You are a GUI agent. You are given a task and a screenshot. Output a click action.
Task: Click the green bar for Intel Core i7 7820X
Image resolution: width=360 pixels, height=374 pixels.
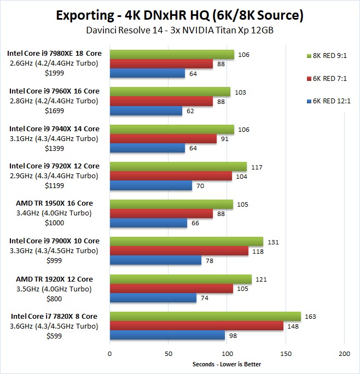[x=205, y=317]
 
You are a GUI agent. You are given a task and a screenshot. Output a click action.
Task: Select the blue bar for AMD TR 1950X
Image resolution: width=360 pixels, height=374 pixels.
[x=148, y=223]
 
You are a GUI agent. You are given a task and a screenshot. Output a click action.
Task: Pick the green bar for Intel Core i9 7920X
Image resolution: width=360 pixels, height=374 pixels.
[x=178, y=166]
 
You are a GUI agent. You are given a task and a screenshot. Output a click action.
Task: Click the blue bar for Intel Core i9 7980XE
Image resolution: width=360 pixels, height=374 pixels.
[x=147, y=74]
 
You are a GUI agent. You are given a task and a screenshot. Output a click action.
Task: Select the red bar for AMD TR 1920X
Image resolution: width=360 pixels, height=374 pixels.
[x=171, y=289]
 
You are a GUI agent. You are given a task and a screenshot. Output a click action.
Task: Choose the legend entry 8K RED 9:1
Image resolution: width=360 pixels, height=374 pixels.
[x=327, y=55]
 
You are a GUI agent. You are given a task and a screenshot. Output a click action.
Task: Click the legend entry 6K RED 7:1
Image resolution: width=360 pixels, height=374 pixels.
[x=327, y=78]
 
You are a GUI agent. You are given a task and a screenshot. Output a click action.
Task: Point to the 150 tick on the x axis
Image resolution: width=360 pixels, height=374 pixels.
[x=286, y=354]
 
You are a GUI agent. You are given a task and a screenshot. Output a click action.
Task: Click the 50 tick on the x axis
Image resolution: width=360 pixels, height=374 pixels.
[x=169, y=354]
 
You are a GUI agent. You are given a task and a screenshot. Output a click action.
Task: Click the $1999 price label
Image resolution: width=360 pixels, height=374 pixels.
[x=53, y=73]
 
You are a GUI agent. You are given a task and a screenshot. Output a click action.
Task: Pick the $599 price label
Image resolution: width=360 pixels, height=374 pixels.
[x=53, y=336]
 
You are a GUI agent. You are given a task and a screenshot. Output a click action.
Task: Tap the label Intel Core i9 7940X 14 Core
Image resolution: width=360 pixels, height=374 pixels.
[x=54, y=128]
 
